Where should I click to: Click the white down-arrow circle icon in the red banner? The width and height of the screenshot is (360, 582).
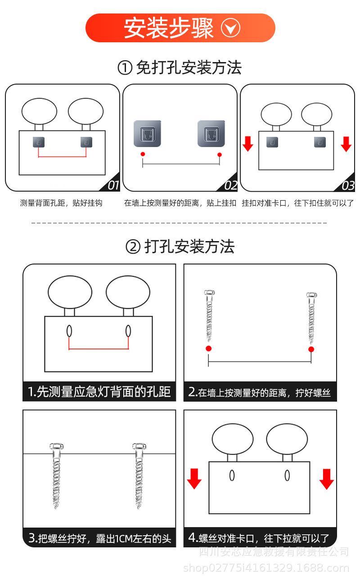[x=230, y=28]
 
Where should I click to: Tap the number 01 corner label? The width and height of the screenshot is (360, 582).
[x=113, y=185]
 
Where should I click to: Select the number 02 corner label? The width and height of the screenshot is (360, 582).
[x=231, y=185]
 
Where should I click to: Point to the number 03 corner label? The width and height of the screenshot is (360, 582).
[x=348, y=185]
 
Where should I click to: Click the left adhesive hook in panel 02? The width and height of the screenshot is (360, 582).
[x=148, y=134]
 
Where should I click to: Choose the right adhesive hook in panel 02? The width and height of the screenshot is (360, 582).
[x=211, y=134]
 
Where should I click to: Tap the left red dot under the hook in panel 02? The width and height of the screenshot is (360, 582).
[x=143, y=154]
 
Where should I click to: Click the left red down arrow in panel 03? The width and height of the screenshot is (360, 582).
[x=247, y=144]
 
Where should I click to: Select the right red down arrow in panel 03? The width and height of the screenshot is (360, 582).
[x=346, y=144]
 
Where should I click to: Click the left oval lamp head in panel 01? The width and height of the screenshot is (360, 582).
[x=39, y=111]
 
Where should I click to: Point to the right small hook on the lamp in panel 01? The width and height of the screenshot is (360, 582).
[x=86, y=142]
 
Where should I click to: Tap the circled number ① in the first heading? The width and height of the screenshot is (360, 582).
[x=125, y=68]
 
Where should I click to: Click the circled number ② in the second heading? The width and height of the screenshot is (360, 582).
[x=133, y=247]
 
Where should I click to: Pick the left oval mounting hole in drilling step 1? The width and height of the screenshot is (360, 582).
[x=69, y=331]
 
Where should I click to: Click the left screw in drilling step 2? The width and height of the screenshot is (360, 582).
[x=209, y=315]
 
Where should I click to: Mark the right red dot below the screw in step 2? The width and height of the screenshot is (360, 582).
[x=311, y=349]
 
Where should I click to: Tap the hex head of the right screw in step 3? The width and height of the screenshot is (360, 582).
[x=139, y=446]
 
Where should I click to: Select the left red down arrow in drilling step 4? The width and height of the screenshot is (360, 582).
[x=194, y=479]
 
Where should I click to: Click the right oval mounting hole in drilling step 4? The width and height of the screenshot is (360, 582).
[x=287, y=475]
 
